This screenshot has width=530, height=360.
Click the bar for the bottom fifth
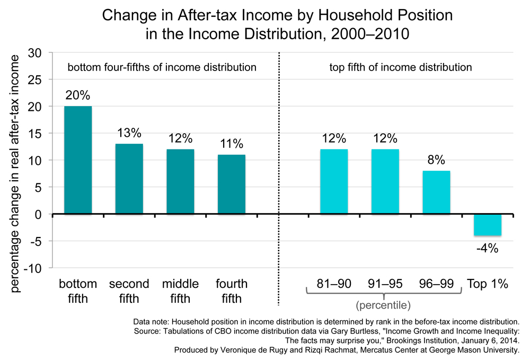[x=78, y=160]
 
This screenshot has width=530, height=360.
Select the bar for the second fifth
[x=129, y=179]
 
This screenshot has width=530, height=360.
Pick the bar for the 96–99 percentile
[x=436, y=192]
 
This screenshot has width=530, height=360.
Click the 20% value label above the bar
[x=78, y=96]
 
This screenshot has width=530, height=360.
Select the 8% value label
[x=436, y=160]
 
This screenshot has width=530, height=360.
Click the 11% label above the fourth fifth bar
[x=231, y=144]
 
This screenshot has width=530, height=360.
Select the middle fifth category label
[x=180, y=291]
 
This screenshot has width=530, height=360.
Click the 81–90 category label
[x=334, y=284]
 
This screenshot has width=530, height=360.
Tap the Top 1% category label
[x=488, y=284]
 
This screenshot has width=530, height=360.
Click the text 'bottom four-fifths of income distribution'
[x=162, y=67]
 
